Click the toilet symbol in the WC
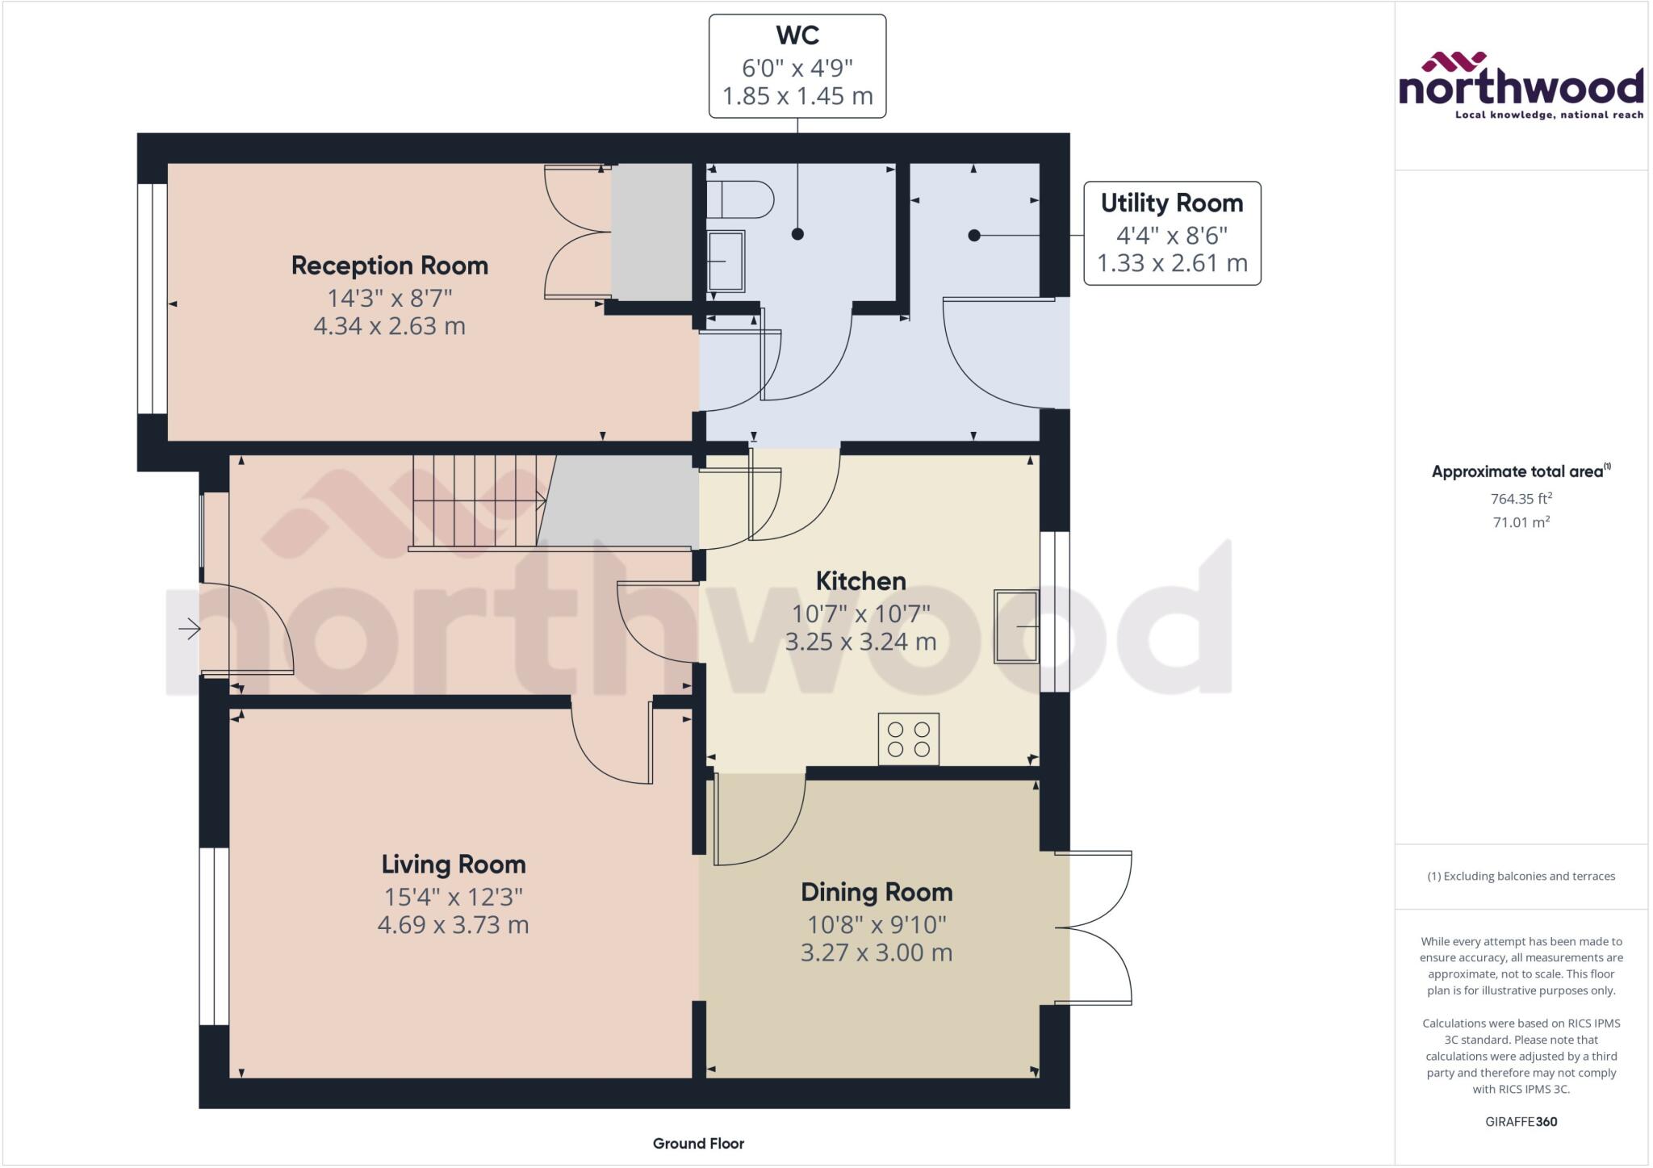pos(739,199)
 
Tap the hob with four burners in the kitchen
pos(908,739)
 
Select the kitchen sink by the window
pos(1016,627)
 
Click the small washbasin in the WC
pos(725,261)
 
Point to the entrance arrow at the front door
pos(190,628)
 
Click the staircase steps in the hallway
pos(476,500)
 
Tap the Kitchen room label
pos(860,580)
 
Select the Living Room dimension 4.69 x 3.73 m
pos(453,924)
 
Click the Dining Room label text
pos(877,892)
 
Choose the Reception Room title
pos(389,266)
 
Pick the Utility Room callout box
pos(1171,233)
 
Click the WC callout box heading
pos(797,36)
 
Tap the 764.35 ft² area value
pos(1521,498)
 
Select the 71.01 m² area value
pos(1521,522)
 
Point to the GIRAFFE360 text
pos(1521,1121)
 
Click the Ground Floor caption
pos(698,1143)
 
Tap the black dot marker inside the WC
pos(797,234)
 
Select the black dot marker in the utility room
pos(974,236)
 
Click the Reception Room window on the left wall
pos(152,299)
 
